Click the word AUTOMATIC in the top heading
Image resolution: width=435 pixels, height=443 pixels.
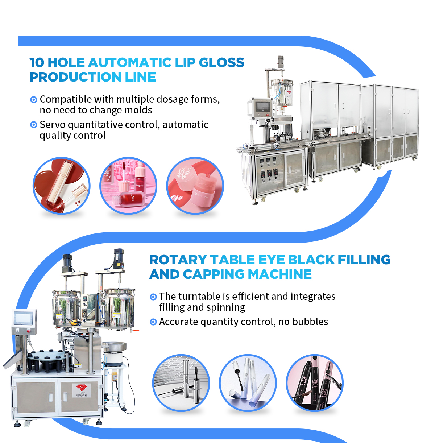pyautogui.click(x=129, y=62)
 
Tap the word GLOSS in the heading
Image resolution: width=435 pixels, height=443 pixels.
pyautogui.click(x=222, y=62)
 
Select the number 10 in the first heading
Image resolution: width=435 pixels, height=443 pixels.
pyautogui.click(x=37, y=62)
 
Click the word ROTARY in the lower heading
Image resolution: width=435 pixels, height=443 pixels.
pyautogui.click(x=178, y=260)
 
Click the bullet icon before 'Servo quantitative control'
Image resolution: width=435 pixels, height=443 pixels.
pyautogui.click(x=34, y=125)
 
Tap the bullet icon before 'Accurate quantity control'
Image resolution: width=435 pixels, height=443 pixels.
pyautogui.click(x=153, y=322)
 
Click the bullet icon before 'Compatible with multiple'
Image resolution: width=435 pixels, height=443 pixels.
pyautogui.click(x=34, y=99)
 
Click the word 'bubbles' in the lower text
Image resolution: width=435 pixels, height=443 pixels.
pyautogui.click(x=310, y=322)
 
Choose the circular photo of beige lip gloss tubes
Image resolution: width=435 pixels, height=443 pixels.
pyautogui.click(x=61, y=186)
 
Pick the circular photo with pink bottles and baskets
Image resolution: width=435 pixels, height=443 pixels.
pyautogui.click(x=128, y=186)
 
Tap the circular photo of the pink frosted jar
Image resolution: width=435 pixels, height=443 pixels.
pyautogui.click(x=195, y=186)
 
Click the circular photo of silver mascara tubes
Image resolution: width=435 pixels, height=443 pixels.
pyautogui.click(x=181, y=383)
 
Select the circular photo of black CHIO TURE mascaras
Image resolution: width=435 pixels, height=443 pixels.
pyautogui.click(x=314, y=383)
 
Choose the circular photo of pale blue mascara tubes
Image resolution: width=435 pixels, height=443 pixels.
pyautogui.click(x=248, y=383)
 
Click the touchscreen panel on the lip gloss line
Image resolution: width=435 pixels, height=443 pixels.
pyautogui.click(x=262, y=107)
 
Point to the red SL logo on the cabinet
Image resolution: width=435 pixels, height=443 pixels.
pyautogui.click(x=82, y=387)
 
